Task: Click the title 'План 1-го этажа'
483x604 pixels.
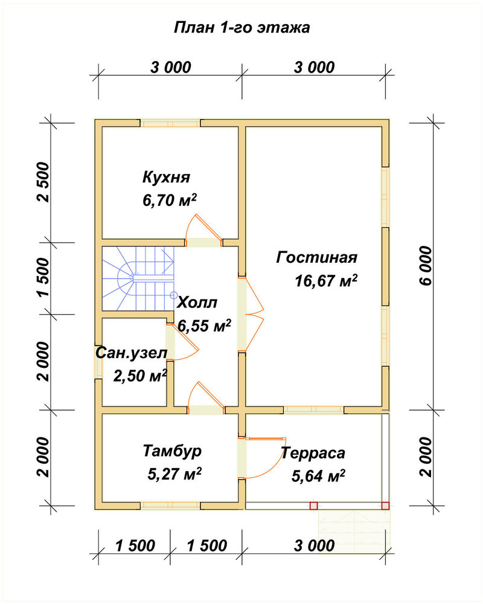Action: coord(242,28)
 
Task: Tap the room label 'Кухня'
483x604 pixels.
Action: coord(167,177)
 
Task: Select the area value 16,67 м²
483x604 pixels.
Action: coord(326,280)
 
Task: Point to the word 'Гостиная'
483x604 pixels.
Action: coord(316,257)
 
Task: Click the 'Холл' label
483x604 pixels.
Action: coord(197,303)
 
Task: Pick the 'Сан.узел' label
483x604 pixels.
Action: coord(132,353)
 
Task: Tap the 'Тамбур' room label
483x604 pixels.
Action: coord(172,451)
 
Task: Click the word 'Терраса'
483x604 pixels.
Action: coord(313,453)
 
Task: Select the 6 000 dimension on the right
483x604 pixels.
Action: coord(427,266)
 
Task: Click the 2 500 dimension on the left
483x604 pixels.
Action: coord(43,182)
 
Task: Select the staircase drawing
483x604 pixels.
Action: coord(138,278)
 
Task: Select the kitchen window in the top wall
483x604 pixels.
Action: coord(170,123)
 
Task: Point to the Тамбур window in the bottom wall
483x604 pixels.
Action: coord(170,506)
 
